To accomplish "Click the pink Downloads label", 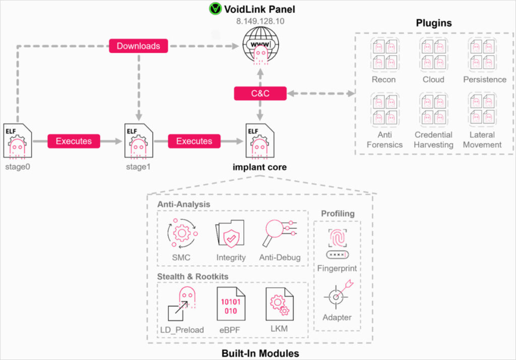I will [x=138, y=46].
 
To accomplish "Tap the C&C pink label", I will [x=260, y=93].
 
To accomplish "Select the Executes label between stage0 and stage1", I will [x=74, y=141].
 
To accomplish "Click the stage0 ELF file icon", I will [x=18, y=141].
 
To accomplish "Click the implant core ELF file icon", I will [x=260, y=141].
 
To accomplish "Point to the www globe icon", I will [x=261, y=44].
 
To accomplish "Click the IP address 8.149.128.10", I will [x=260, y=21].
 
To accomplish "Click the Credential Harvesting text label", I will [x=433, y=139].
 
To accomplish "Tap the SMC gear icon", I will [x=181, y=233].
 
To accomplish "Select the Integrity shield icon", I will [x=230, y=234].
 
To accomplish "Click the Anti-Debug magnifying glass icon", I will [x=279, y=233].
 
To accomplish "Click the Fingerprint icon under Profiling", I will [x=337, y=242].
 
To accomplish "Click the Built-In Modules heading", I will [x=260, y=353].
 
